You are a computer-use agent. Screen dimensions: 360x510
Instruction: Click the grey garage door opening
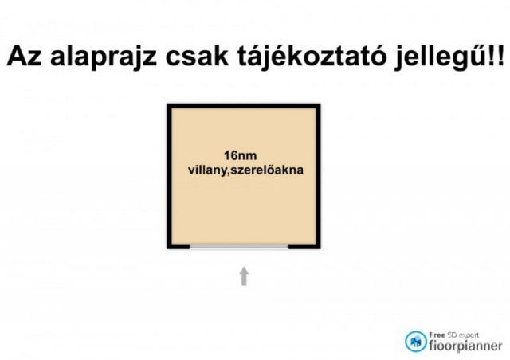239,246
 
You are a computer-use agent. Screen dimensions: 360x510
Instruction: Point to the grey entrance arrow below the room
244,276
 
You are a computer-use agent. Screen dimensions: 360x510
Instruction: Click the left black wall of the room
170,175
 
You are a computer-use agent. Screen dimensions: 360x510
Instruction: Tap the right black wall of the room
317,175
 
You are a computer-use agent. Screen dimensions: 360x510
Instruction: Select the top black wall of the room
243,106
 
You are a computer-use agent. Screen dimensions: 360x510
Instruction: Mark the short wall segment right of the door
304,246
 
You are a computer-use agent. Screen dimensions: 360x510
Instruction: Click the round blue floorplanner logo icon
414,341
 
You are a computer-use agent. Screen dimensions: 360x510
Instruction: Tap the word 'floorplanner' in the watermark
465,346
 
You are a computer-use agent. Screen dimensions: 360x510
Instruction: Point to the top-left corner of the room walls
170,106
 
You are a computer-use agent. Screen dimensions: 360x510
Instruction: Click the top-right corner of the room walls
317,106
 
